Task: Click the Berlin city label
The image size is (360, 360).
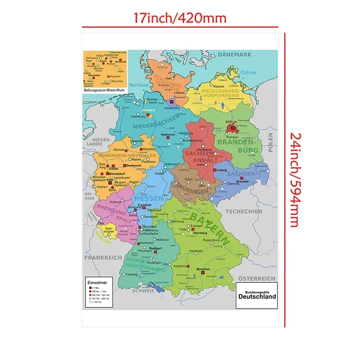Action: coord(230,122)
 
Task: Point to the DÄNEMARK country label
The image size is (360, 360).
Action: coord(234,55)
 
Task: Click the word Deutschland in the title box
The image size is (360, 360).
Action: coord(257,297)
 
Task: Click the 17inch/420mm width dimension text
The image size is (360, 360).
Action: coord(180,18)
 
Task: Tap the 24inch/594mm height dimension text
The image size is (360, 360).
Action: coord(294,180)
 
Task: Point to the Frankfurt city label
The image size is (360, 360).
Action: coord(144,205)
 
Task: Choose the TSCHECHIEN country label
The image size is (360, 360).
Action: coord(243,211)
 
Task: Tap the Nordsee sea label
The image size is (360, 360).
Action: coord(139,84)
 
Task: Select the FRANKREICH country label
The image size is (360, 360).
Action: coord(103,257)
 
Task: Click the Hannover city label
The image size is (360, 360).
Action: coord(167,135)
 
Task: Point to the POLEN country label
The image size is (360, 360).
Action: coord(271,143)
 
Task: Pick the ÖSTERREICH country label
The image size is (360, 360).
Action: coord(256,279)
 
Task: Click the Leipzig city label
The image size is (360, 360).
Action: coord(221,170)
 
